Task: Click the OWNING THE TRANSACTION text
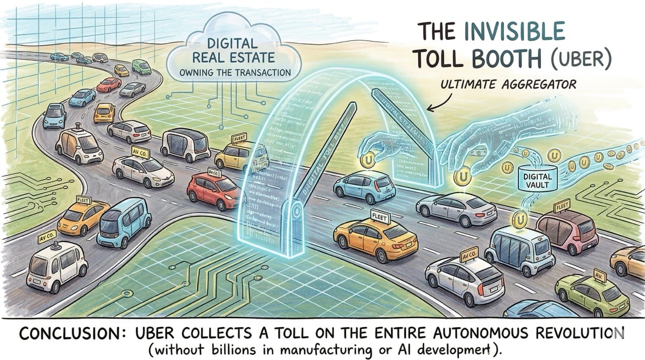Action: tap(235, 73)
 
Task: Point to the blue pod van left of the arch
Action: tap(123, 222)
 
